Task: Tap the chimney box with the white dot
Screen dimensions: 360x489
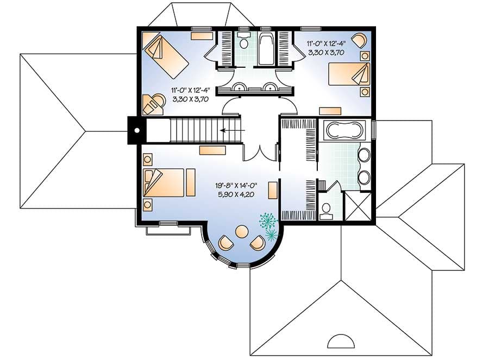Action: click(137, 130)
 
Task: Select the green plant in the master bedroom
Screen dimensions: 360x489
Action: click(268, 225)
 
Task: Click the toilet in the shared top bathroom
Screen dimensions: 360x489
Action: click(244, 42)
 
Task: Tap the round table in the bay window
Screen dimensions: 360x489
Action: click(241, 232)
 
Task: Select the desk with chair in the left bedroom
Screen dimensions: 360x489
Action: click(152, 104)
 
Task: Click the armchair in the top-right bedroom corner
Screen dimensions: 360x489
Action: click(359, 40)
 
